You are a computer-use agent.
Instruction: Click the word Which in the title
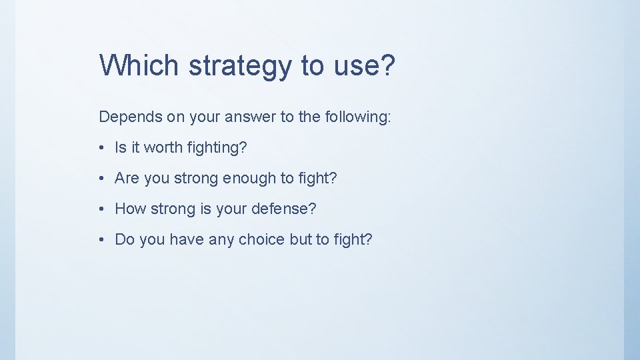click(139, 65)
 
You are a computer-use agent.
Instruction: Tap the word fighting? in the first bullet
click(216, 148)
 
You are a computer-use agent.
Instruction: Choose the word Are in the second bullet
click(127, 179)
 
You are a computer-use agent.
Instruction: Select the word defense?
click(283, 209)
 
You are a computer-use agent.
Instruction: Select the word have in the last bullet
click(187, 240)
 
